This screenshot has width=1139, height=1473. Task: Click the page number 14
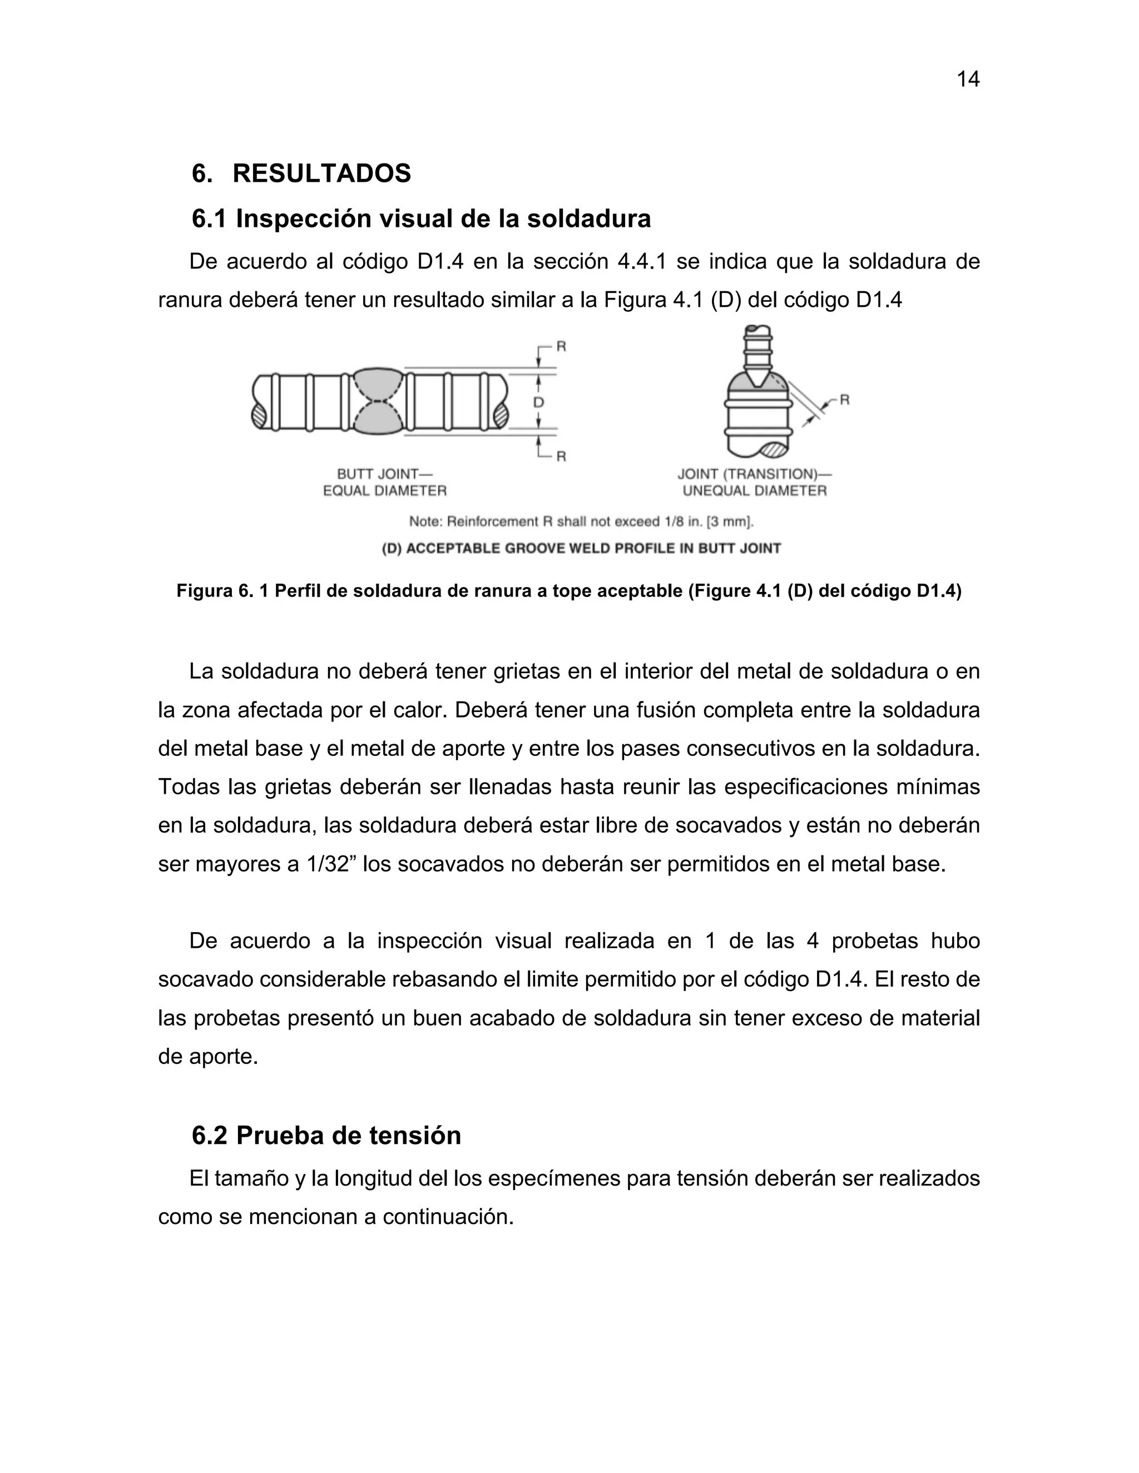click(968, 79)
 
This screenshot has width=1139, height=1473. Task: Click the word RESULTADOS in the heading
click(321, 174)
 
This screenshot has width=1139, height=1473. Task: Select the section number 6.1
click(209, 219)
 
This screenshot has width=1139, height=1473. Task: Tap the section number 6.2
click(209, 1136)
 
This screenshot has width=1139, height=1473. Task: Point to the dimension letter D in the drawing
click(538, 402)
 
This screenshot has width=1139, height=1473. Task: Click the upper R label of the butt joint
click(561, 347)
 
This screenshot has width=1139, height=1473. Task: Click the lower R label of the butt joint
click(561, 456)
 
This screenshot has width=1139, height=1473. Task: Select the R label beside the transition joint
click(844, 400)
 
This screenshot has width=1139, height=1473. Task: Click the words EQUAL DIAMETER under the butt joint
click(385, 491)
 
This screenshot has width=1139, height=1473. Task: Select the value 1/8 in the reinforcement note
click(670, 521)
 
